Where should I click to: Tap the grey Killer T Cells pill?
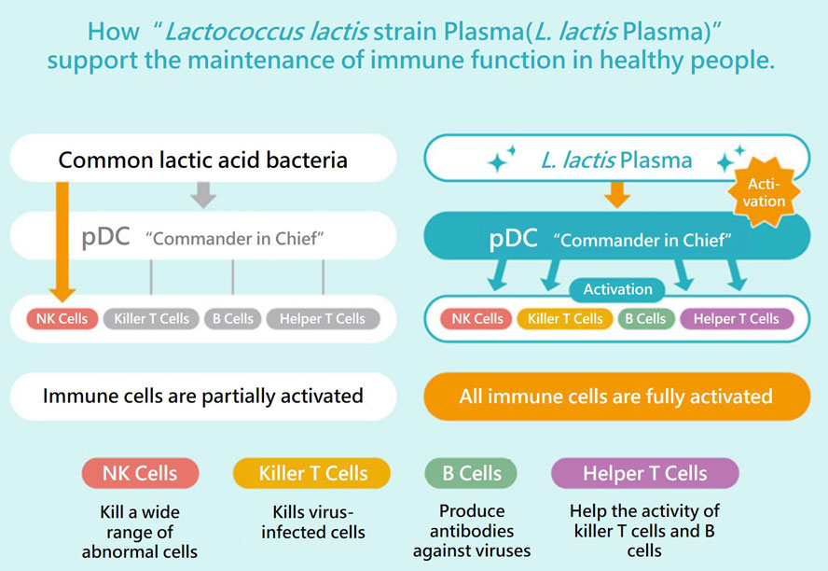[x=151, y=319]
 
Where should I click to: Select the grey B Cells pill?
[x=232, y=319]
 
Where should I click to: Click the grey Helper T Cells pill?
[x=323, y=319]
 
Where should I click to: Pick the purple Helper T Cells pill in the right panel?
[x=736, y=319]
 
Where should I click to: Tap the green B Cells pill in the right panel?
[x=645, y=319]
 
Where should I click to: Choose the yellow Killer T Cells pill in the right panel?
[x=565, y=319]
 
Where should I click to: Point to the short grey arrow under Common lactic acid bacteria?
[x=203, y=193]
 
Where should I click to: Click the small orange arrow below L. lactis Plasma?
[x=616, y=193]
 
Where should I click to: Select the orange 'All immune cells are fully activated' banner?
[x=616, y=397]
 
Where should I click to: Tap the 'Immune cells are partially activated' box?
[x=203, y=397]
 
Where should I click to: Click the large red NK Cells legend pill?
[x=141, y=473]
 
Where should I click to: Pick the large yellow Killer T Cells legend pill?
[x=312, y=473]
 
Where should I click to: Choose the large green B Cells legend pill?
[x=473, y=473]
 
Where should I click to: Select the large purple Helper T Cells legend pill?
[x=644, y=473]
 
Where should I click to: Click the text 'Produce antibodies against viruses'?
[x=472, y=531]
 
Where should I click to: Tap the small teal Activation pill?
[x=617, y=290]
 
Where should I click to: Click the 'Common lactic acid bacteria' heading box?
[x=203, y=160]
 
